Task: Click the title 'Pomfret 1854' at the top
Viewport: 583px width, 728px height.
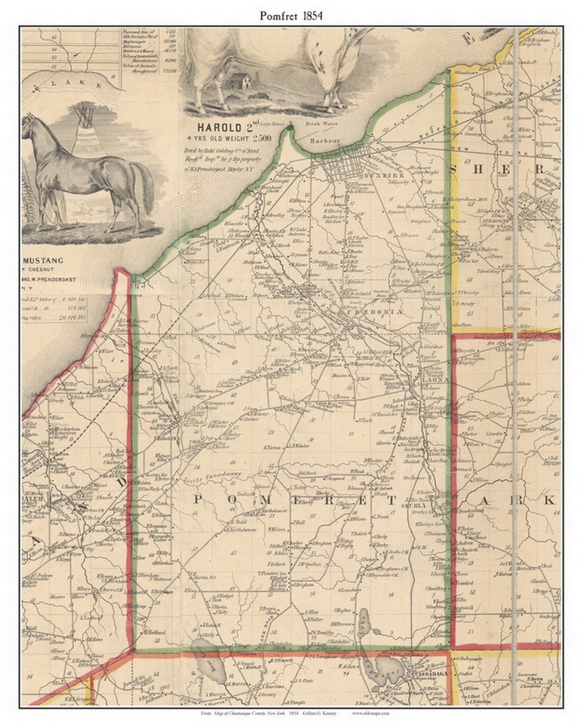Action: pyautogui.click(x=291, y=16)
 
